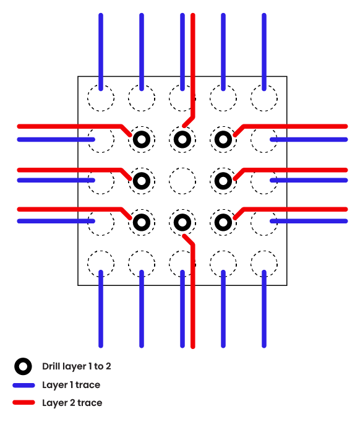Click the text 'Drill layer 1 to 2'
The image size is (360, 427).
(x=77, y=366)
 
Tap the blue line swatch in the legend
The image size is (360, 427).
(x=24, y=385)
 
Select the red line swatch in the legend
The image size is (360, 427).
(x=24, y=402)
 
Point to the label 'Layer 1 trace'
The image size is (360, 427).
(x=71, y=385)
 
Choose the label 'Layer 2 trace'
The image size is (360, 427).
(x=72, y=403)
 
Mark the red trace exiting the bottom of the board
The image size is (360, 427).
(x=192, y=294)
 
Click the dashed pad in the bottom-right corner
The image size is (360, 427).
(x=264, y=251)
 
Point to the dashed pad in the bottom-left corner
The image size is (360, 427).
(x=101, y=251)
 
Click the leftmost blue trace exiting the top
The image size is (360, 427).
(x=101, y=52)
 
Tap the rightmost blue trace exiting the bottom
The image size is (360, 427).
(x=264, y=309)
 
